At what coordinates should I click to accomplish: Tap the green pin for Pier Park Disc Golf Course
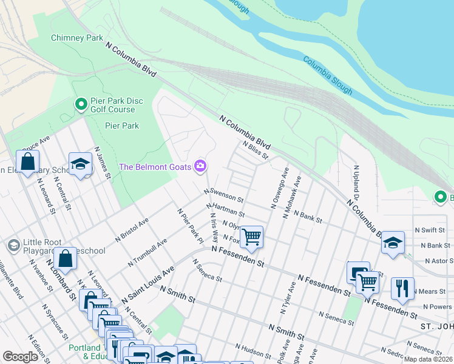[x=80, y=104]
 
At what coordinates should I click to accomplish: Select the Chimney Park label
[x=76, y=38]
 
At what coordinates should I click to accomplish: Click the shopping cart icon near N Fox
[x=251, y=236]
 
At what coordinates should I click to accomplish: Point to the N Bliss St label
[x=255, y=149]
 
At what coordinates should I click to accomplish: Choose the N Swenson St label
[x=223, y=195]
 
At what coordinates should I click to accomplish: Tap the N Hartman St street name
[x=225, y=210]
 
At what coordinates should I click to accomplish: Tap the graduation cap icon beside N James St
[x=80, y=164]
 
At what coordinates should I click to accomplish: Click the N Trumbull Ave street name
[x=147, y=253]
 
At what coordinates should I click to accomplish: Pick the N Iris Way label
[x=214, y=227]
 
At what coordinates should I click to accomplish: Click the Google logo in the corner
[x=20, y=357]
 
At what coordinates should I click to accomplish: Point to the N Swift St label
[x=430, y=231]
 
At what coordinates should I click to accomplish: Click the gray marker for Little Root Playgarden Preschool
[x=13, y=246]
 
